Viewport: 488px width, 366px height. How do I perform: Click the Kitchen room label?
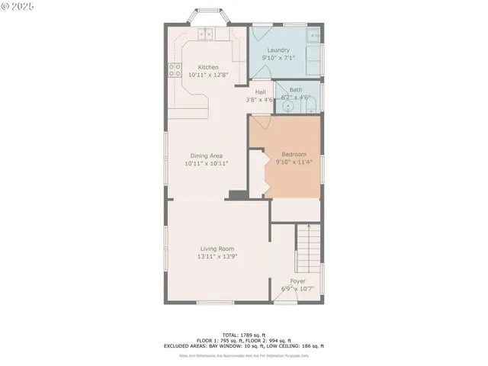[x=208, y=67]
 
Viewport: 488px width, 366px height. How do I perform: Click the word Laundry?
[x=278, y=50]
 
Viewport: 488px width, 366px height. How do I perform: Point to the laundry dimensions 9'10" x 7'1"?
[x=278, y=58]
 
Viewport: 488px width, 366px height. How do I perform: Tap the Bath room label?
[x=295, y=90]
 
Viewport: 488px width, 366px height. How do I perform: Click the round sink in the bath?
[x=287, y=106]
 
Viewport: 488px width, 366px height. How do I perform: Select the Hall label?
[x=260, y=92]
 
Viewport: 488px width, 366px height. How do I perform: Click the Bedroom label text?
[x=294, y=153]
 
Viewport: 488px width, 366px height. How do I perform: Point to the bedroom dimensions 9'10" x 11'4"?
[x=294, y=162]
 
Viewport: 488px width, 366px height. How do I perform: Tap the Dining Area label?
[x=207, y=156]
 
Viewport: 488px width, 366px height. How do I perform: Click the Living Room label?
[x=217, y=249]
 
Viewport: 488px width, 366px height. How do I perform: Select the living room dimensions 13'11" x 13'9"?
[x=217, y=257]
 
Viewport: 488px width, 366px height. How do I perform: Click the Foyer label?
[x=297, y=281]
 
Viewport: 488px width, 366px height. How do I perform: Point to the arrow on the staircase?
[x=308, y=226]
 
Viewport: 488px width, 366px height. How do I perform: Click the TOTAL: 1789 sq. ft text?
[x=243, y=335]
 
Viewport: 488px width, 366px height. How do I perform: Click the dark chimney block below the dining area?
[x=238, y=195]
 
